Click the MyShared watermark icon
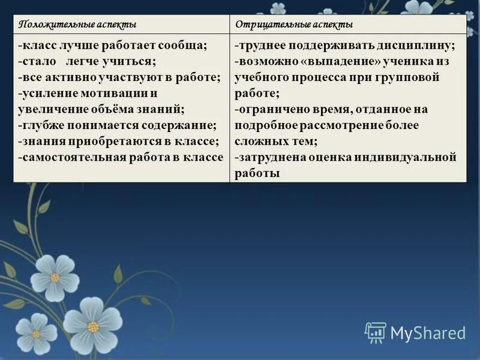[x=376, y=332]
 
